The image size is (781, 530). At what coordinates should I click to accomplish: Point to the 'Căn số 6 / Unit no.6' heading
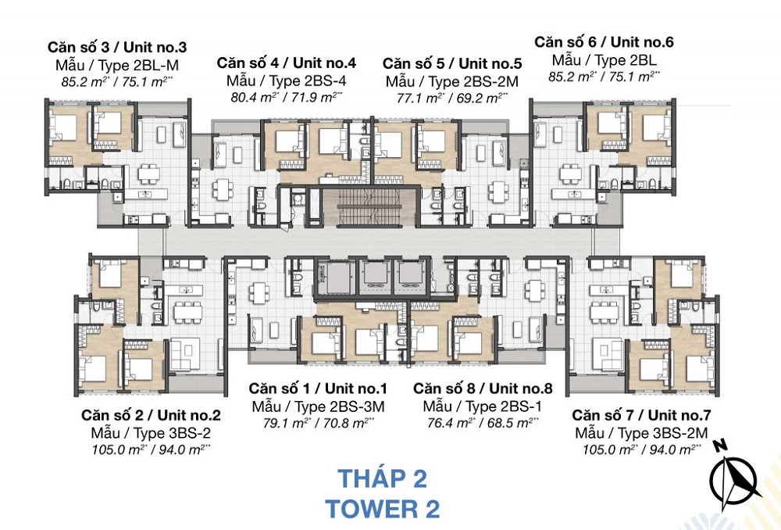[604, 42]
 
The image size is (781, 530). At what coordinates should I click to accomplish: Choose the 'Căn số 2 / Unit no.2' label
[151, 415]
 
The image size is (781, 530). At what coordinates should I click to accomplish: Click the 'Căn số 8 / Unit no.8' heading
[483, 389]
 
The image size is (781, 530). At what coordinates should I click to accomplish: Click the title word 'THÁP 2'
[382, 478]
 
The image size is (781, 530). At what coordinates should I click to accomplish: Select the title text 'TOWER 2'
[382, 509]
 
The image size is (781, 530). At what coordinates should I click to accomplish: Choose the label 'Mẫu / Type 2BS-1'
[483, 406]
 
